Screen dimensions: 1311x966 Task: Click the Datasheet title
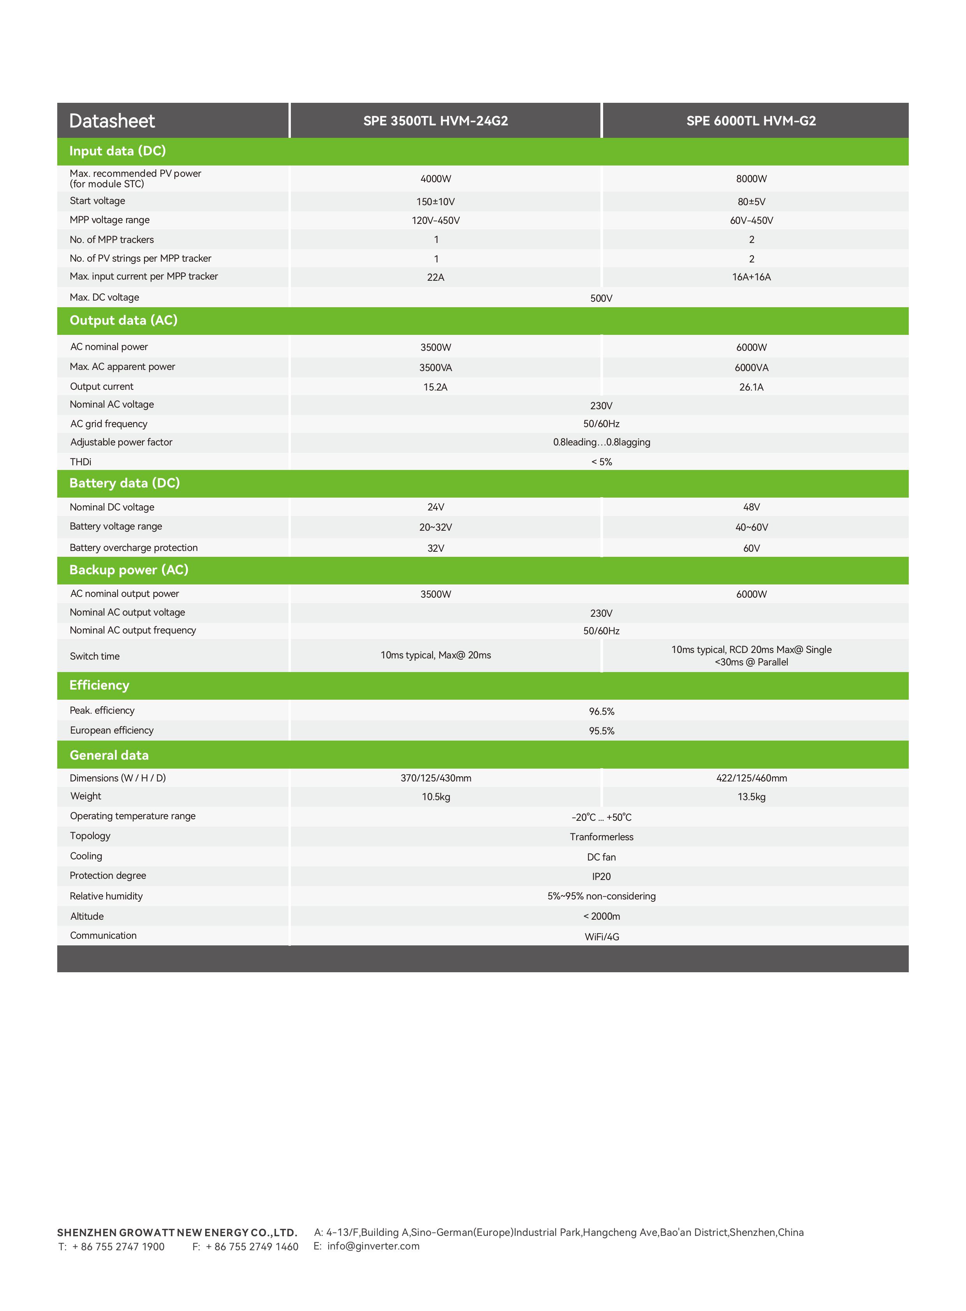[x=112, y=121]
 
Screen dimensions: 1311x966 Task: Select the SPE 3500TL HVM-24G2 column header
[x=436, y=121]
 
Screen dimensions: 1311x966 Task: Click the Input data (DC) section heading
[x=118, y=151]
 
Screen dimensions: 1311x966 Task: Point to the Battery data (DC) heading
[x=125, y=483]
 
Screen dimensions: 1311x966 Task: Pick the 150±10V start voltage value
[x=436, y=202]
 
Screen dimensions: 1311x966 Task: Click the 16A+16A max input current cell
[x=751, y=277]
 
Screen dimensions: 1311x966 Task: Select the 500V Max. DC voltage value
[x=601, y=298]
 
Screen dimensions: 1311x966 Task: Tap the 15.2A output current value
[x=436, y=387]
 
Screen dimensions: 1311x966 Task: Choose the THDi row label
[x=81, y=462]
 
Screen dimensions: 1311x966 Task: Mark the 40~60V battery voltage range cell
[x=751, y=528]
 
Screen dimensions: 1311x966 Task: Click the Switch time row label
[x=95, y=656]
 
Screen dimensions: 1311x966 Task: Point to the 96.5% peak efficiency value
[x=601, y=712]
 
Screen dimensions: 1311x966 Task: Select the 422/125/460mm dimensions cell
[x=751, y=778]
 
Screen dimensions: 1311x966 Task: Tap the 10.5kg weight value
[x=436, y=797]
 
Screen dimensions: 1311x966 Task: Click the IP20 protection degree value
[x=601, y=876]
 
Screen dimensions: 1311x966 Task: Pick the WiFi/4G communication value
[x=602, y=937]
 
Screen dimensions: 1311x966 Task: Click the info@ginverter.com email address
[x=373, y=1246]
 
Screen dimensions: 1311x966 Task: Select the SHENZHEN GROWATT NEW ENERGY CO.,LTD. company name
[x=177, y=1233]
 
